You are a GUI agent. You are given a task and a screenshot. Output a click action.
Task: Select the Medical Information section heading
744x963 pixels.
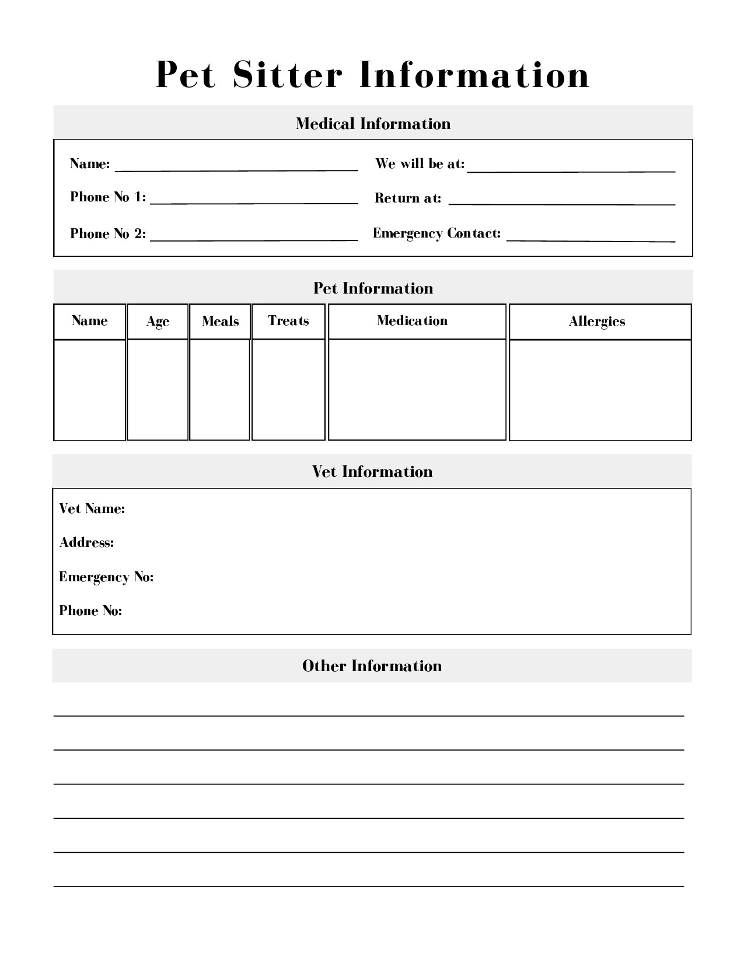click(373, 124)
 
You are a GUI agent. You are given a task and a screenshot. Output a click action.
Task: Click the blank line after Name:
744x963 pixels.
click(236, 166)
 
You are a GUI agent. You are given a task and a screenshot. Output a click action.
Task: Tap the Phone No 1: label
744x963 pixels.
click(108, 197)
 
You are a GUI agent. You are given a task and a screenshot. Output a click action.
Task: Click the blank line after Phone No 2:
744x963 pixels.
click(254, 235)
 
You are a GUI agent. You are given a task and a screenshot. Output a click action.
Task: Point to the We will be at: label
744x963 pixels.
click(420, 164)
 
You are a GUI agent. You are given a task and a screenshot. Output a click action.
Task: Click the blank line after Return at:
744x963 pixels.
click(561, 200)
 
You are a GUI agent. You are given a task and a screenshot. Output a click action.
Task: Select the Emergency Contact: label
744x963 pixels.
click(436, 233)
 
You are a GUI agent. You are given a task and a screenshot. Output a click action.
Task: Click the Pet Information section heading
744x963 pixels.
click(373, 288)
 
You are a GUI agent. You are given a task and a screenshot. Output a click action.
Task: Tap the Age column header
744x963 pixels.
click(158, 322)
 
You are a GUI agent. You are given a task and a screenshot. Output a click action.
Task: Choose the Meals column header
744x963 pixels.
click(220, 322)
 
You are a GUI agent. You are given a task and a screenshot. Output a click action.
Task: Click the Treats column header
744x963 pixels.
click(288, 321)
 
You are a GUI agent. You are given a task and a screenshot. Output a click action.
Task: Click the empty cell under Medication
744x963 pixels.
click(417, 389)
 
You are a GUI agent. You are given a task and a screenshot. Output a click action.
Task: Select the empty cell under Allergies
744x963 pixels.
click(600, 390)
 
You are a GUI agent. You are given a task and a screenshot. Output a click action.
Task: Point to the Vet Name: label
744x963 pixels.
click(92, 509)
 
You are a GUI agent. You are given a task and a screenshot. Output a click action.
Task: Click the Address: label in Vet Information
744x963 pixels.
click(86, 543)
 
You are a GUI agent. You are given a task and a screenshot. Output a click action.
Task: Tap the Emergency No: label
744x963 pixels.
click(106, 577)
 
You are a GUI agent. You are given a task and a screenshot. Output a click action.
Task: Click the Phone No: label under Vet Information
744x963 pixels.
click(90, 611)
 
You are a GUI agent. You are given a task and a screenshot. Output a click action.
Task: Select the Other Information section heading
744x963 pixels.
click(372, 666)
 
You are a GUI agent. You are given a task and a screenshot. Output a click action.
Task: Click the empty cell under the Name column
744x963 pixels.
click(89, 390)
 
